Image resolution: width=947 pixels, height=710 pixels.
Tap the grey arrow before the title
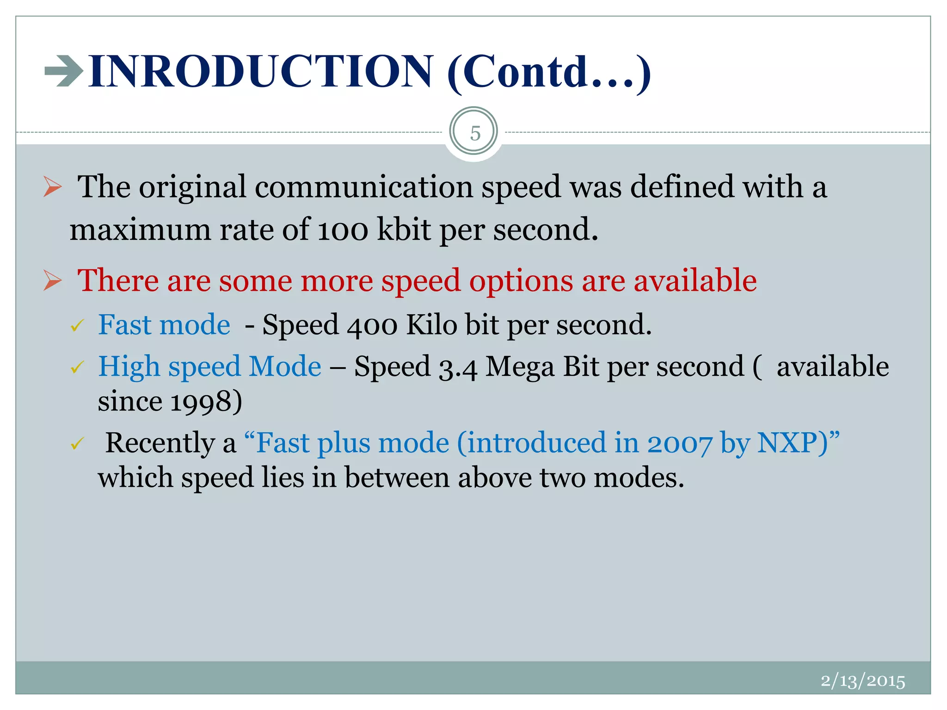pos(63,71)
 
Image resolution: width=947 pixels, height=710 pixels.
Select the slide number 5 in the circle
pos(474,133)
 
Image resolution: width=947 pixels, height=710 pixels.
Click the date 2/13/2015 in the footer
pos(862,681)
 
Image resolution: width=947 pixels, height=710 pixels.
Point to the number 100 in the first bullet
pos(343,229)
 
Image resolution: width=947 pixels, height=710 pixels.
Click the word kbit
pos(404,229)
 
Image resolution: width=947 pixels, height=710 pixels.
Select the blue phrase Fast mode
pos(164,324)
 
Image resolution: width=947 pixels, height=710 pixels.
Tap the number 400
pos(371,325)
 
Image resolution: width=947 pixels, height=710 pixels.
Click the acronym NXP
pos(792,443)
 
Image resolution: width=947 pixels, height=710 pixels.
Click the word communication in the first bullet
pos(363,187)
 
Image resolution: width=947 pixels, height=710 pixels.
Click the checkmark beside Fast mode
pos(77,326)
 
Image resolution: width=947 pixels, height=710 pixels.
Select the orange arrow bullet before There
pos(53,281)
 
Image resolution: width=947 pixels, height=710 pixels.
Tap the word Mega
pos(519,367)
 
